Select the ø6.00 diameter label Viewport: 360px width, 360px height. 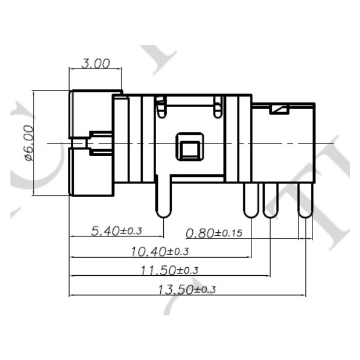(x=28, y=143)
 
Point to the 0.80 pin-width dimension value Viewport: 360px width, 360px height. (x=199, y=233)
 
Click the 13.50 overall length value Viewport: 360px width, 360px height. (x=174, y=289)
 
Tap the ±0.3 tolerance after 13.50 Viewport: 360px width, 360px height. (x=205, y=290)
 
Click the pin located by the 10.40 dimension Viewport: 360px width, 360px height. (x=251, y=200)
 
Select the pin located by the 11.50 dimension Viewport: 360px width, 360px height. (x=271, y=200)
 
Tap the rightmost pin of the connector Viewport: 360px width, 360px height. (x=305, y=200)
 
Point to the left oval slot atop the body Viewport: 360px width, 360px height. (x=160, y=105)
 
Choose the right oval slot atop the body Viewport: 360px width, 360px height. (x=217, y=105)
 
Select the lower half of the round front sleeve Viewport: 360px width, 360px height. (x=91, y=171)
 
